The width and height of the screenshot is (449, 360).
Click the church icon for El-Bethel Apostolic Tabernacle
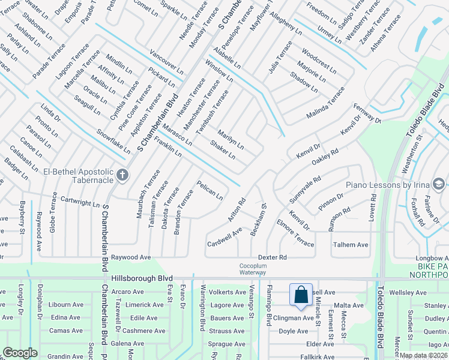click(122, 175)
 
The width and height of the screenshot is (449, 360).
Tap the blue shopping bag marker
click(301, 295)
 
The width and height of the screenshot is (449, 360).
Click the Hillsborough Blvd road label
click(142, 279)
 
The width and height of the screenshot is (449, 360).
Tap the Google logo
click(20, 353)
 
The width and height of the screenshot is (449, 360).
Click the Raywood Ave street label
click(132, 257)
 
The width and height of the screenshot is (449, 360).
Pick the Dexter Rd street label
click(273, 257)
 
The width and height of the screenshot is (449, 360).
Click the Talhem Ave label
click(351, 245)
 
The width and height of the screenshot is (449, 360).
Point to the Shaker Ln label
click(222, 149)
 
